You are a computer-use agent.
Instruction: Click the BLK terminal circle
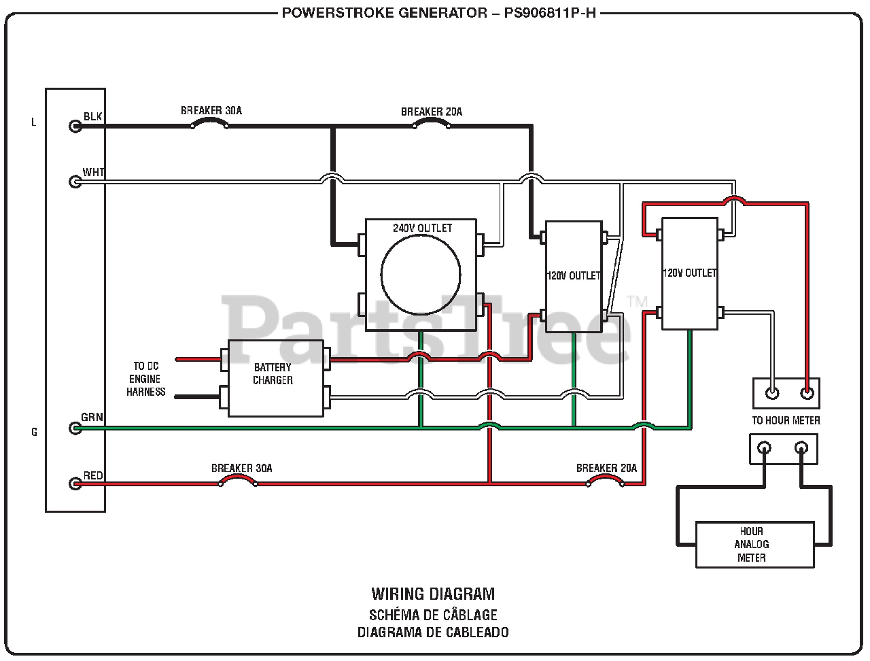[x=75, y=126]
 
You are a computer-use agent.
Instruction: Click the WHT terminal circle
[x=75, y=182]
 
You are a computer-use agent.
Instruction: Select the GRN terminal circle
[x=75, y=428]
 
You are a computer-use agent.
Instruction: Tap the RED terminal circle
[x=75, y=484]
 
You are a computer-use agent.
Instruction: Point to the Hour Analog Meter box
[x=754, y=545]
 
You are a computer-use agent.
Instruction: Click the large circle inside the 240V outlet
[x=421, y=275]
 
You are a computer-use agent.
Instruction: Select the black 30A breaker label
[x=211, y=110]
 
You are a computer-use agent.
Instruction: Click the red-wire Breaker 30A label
[x=241, y=469]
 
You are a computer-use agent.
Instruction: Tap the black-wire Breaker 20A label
[x=432, y=112]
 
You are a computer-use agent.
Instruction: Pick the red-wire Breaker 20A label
[x=606, y=469]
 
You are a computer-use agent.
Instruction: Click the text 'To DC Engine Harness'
[x=145, y=379]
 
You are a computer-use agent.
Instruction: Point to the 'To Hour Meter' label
[x=786, y=421]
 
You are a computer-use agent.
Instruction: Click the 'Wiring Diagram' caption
[x=433, y=594]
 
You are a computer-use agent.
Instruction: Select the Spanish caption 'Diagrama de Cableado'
[x=433, y=632]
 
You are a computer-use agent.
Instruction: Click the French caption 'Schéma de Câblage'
[x=433, y=615]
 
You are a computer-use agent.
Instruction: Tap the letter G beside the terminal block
[x=34, y=432]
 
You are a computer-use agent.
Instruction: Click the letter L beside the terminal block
[x=34, y=122]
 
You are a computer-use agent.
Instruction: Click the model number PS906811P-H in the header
[x=549, y=13]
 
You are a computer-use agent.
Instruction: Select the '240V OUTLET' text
[x=422, y=228]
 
